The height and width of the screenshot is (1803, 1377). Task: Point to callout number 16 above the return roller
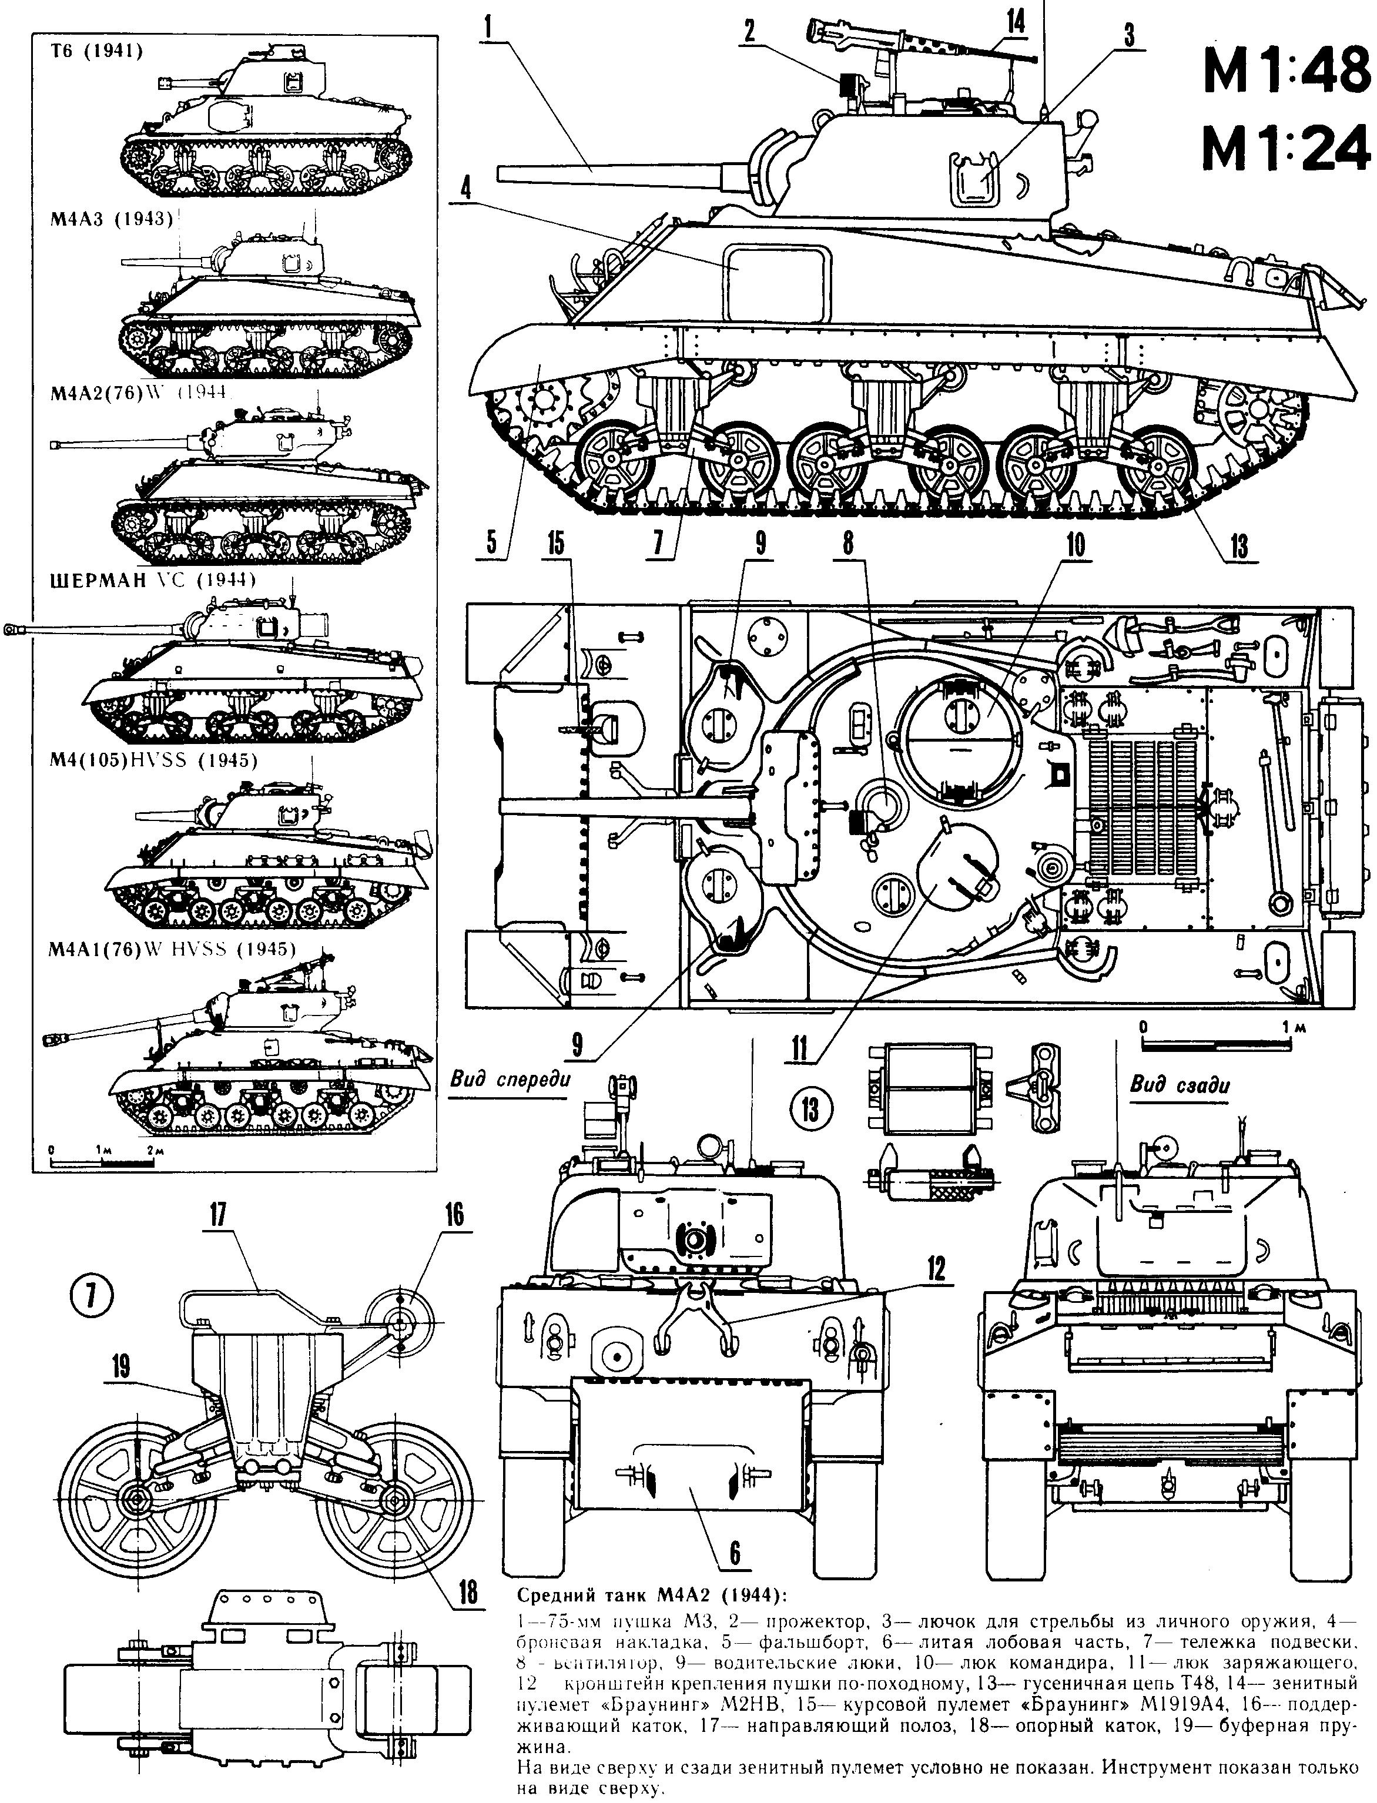[454, 1215]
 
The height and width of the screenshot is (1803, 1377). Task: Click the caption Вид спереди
[509, 1080]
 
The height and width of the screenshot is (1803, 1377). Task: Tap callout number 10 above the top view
[1076, 544]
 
